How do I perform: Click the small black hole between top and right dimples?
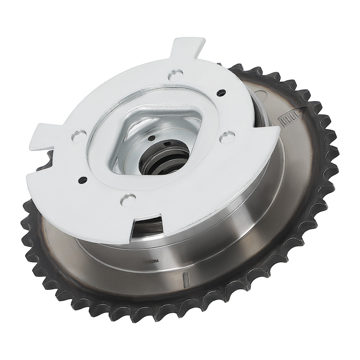click(219, 93)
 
